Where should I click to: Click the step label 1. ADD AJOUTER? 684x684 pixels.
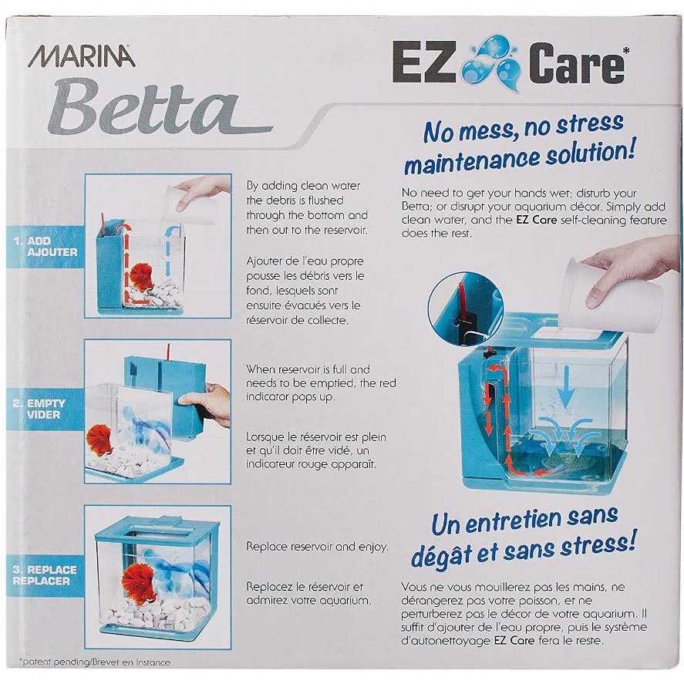46,247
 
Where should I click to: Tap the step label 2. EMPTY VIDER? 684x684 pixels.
39,409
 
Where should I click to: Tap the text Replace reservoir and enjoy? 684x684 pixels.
317,547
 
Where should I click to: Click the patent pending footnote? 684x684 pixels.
95,662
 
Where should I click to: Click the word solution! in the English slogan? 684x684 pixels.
591,154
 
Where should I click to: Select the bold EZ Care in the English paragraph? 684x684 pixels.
536,220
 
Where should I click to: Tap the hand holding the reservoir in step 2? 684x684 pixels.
207,403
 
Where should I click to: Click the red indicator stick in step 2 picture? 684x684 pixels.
167,352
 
